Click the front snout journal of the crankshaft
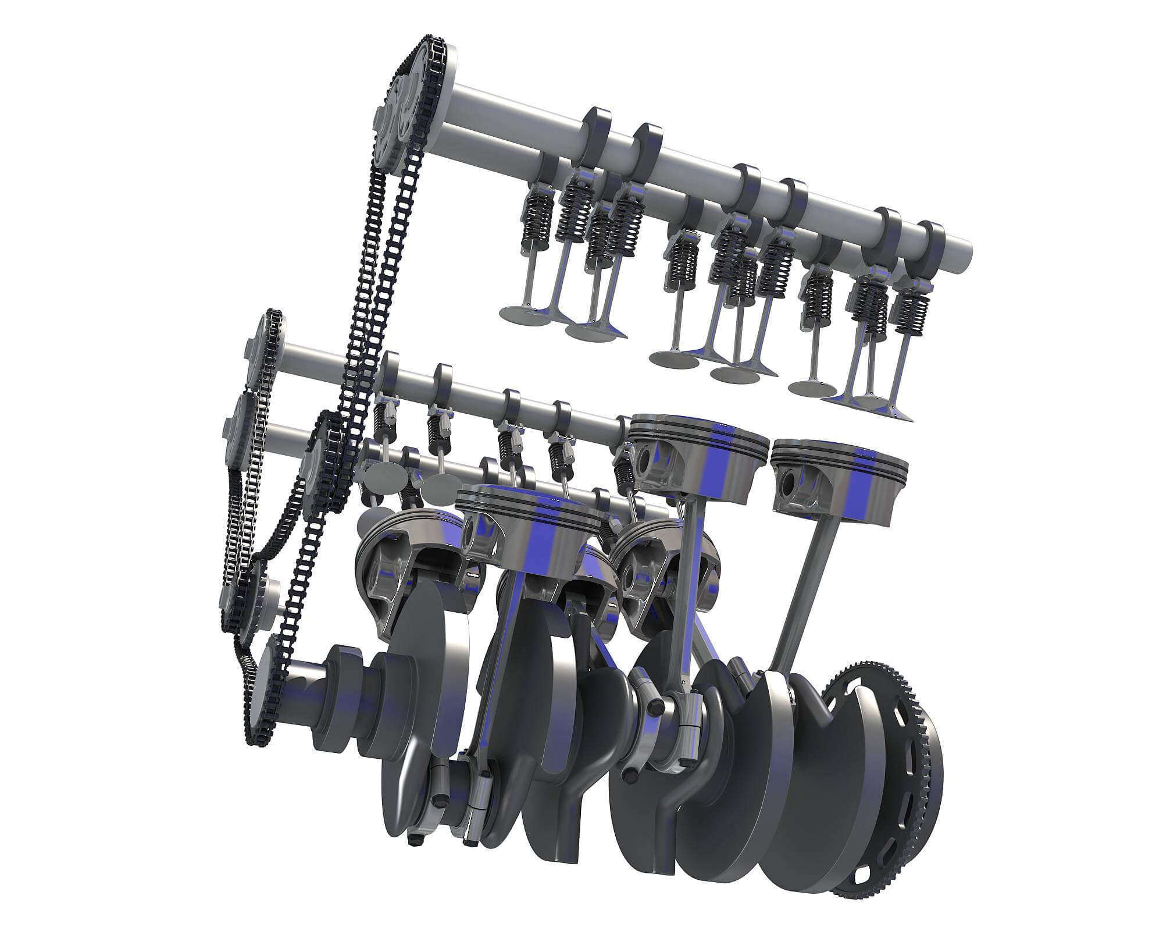tap(302, 692)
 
